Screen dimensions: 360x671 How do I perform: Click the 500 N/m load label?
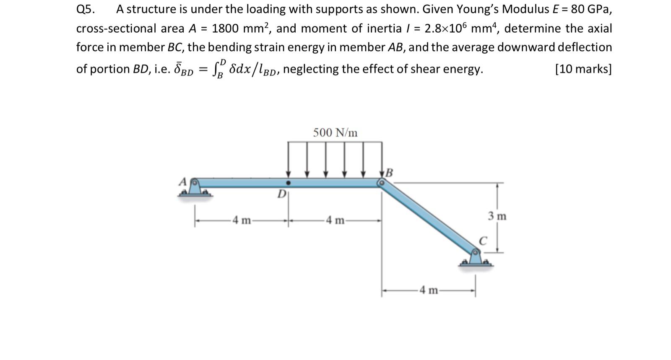[x=335, y=133]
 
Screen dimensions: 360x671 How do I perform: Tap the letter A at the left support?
[x=182, y=181]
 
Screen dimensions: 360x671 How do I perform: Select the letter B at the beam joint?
[x=390, y=173]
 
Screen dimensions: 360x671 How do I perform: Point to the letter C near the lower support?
[x=483, y=241]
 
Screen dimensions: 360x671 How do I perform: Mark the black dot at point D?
[x=288, y=183]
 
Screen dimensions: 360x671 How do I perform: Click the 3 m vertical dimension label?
[x=497, y=216]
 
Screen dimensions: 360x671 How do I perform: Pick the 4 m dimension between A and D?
[x=242, y=220]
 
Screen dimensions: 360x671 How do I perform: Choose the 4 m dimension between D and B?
[x=335, y=220]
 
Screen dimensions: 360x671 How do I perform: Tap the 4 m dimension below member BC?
[x=429, y=290]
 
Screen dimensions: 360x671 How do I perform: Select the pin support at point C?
[x=476, y=257]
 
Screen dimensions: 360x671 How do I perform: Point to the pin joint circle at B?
[x=382, y=183]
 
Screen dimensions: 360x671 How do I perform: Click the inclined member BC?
[x=428, y=217]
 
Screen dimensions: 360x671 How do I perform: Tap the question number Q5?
[x=86, y=9]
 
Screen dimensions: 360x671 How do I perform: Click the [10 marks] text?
[x=583, y=69]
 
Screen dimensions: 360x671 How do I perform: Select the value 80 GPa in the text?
[x=590, y=9]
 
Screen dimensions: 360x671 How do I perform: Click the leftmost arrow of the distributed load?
[x=288, y=159]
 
